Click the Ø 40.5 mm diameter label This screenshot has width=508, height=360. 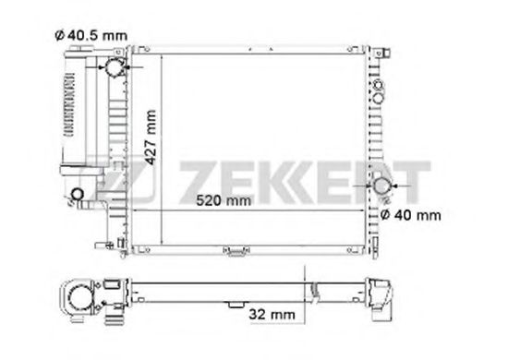91,35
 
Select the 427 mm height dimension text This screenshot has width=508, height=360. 151,138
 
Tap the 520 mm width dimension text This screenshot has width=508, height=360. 224,200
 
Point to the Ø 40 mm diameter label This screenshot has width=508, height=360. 410,215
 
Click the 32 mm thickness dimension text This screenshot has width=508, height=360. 272,315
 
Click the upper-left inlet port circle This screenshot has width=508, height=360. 115,67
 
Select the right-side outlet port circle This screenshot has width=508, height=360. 381,186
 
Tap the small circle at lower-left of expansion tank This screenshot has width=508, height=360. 77,194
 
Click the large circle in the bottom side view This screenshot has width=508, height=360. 79,298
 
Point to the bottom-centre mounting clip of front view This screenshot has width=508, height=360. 236,251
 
